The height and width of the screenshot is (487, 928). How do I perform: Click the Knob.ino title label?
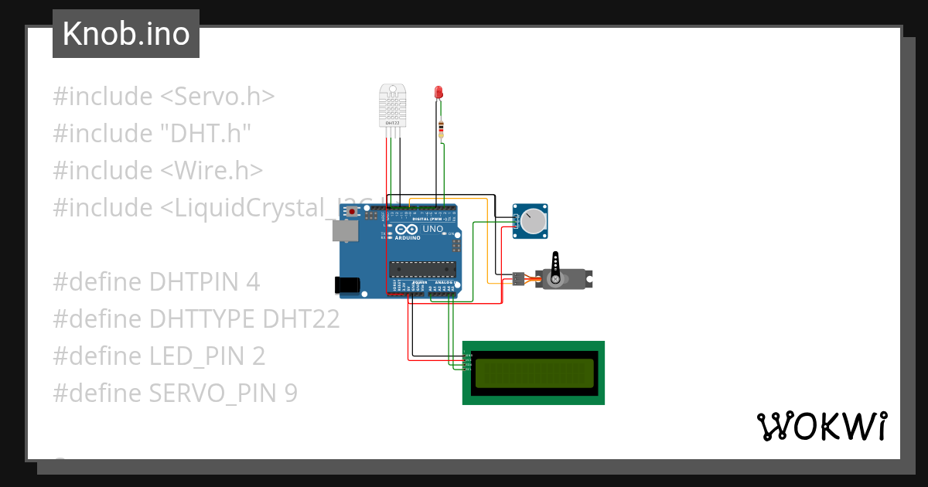pos(126,34)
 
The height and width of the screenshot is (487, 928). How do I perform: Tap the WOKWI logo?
pos(821,426)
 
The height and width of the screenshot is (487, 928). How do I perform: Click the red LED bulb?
pos(439,92)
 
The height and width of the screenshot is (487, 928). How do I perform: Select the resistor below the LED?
pos(441,128)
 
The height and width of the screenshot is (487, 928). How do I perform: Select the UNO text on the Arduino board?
pos(432,230)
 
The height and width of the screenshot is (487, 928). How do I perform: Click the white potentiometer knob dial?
pos(532,221)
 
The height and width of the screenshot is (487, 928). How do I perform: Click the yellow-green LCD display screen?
pos(534,373)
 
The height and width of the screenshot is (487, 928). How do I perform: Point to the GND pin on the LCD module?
pos(467,355)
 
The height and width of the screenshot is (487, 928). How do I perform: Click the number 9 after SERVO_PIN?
pos(290,393)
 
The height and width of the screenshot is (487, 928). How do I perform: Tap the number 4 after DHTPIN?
pos(252,282)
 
